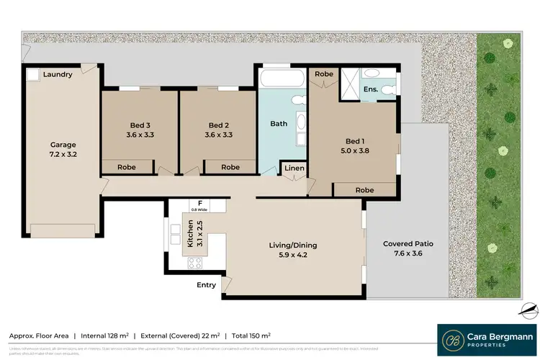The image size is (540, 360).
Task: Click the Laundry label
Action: point(58,74)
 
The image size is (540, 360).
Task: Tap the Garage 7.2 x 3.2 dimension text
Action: point(63,153)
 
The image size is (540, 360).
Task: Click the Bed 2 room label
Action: point(218,124)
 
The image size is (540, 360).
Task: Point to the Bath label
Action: point(279,124)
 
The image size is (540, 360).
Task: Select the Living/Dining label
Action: point(293,246)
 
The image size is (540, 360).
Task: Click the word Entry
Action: point(207,285)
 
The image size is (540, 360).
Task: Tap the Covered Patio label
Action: point(408,243)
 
